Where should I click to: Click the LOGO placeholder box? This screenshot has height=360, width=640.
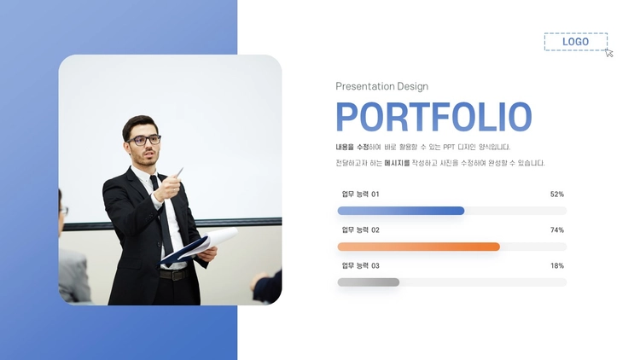click(575, 42)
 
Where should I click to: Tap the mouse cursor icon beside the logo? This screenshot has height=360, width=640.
click(609, 53)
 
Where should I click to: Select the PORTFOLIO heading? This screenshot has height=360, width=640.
click(433, 117)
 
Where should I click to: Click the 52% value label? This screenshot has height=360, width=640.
click(556, 195)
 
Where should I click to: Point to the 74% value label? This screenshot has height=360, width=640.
click(556, 230)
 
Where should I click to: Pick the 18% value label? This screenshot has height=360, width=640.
click(556, 265)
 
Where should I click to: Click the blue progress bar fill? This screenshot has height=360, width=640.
click(401, 211)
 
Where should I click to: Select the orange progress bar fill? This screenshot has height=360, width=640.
click(419, 247)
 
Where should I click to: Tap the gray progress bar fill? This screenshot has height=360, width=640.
click(369, 282)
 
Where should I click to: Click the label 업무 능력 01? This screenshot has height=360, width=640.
click(360, 195)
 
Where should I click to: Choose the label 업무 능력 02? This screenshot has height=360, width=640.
click(360, 230)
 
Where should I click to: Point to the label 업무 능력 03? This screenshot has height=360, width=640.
click(360, 265)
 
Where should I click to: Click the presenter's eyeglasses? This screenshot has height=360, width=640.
click(144, 140)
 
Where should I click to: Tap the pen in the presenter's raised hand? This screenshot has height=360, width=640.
click(179, 172)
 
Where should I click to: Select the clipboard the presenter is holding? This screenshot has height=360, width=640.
click(199, 246)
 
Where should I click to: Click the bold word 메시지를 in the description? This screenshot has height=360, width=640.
click(397, 163)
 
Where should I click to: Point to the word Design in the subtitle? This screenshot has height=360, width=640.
click(413, 86)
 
